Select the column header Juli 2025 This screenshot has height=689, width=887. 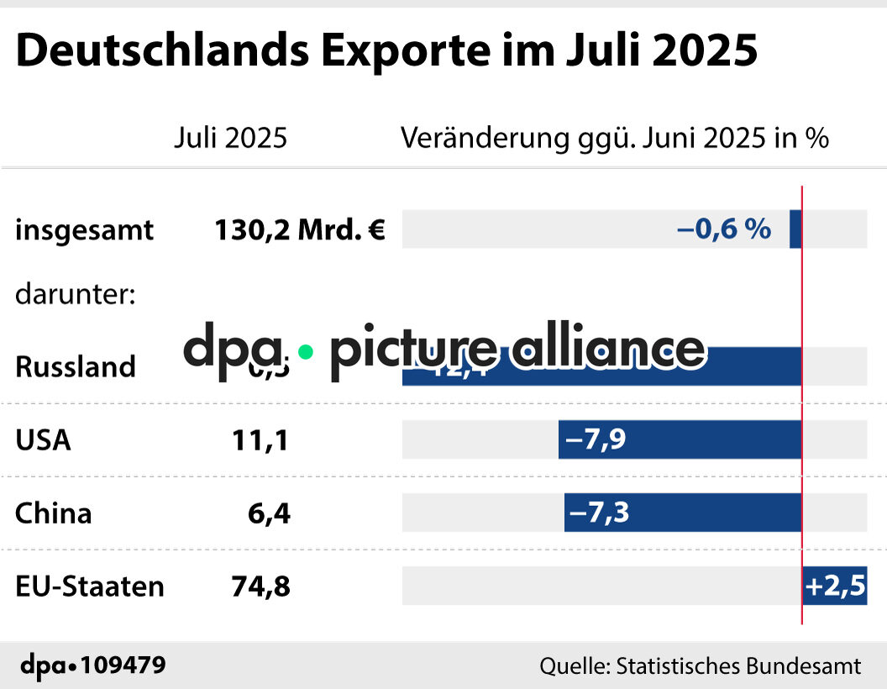coord(230,138)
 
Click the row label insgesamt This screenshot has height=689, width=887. coord(84,230)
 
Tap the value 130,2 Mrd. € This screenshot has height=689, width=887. coord(300,230)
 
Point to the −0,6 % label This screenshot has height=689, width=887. coord(723,229)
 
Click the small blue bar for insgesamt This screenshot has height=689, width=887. coord(795,229)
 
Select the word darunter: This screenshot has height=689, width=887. coord(76,295)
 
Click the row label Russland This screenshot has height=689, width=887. coord(76,366)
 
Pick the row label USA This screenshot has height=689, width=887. coord(43,440)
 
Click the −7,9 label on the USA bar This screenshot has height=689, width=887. coord(596,439)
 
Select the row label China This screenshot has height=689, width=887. coord(53,513)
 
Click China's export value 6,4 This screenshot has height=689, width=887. coord(269,513)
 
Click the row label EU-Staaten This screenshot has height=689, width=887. coord(89,586)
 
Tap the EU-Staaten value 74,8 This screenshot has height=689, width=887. coord(260,586)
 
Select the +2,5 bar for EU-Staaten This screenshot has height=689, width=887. coord(834,586)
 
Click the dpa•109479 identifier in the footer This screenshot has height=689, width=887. coord(92,665)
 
